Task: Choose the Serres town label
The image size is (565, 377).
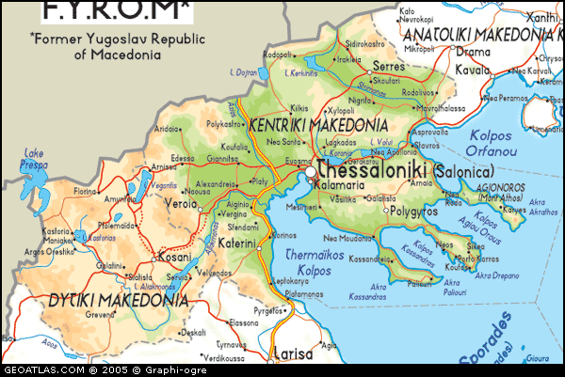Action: click(388, 67)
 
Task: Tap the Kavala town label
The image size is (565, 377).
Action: click(473, 70)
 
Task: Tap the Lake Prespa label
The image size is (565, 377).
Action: click(35, 159)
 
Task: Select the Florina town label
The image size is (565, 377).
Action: click(86, 191)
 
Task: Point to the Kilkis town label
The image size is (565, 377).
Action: click(299, 109)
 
